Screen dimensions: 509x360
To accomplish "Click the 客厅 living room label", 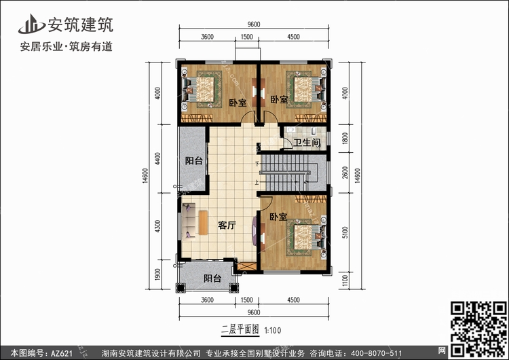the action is (x=227, y=225).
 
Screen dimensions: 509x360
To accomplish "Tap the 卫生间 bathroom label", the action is (x=307, y=143).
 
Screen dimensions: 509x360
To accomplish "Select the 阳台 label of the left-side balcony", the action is (x=194, y=160).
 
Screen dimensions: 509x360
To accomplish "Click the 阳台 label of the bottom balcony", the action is (x=212, y=278).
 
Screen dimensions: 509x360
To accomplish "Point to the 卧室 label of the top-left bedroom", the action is (x=238, y=103).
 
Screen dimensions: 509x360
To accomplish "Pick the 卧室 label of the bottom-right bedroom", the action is (x=278, y=217).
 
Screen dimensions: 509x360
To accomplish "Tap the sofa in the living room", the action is (x=189, y=221).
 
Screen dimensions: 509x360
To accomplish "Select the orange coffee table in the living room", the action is (x=203, y=223).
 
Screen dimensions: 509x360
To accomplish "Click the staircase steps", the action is (x=285, y=173).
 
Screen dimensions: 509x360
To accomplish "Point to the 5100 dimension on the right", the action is (x=345, y=232).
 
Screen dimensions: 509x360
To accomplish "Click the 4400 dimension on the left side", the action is (x=157, y=158).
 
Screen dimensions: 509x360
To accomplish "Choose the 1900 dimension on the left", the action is (x=157, y=274).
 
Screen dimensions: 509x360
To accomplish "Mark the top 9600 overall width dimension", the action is (x=254, y=24).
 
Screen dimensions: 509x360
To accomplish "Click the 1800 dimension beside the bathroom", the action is (x=345, y=138).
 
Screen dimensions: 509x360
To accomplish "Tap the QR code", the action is (x=479, y=329).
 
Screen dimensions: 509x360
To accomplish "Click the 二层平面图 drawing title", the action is (x=240, y=330).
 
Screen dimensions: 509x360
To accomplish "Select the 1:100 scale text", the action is (x=273, y=331).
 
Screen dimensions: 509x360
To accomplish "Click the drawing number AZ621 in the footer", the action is (x=61, y=353).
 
